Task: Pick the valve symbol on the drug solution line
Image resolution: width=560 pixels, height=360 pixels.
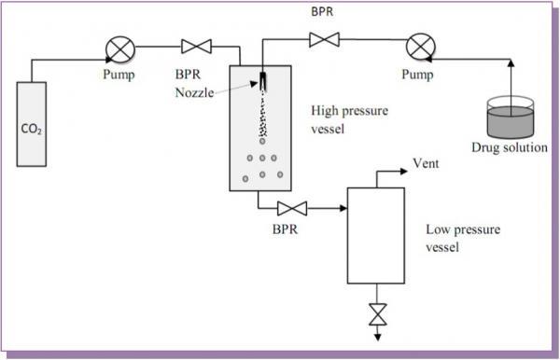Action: click(x=323, y=39)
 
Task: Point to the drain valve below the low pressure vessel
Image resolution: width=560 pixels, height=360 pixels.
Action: click(x=376, y=312)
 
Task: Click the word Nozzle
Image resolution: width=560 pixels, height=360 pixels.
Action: click(x=193, y=90)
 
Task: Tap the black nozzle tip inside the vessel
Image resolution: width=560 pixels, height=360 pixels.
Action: click(x=264, y=81)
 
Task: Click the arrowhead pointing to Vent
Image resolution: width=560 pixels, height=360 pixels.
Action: click(x=404, y=172)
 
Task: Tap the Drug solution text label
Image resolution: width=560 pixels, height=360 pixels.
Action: click(x=508, y=146)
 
